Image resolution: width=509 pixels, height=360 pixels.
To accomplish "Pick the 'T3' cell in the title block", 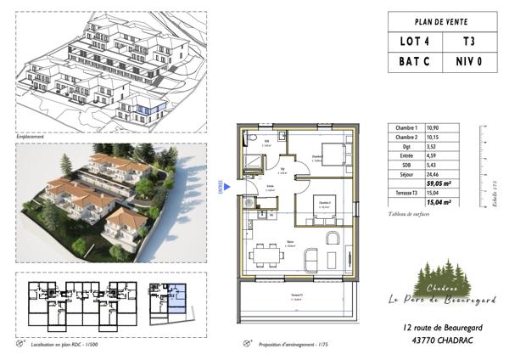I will point(468,41).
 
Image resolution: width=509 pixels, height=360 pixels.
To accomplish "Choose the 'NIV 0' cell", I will point(468,61).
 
